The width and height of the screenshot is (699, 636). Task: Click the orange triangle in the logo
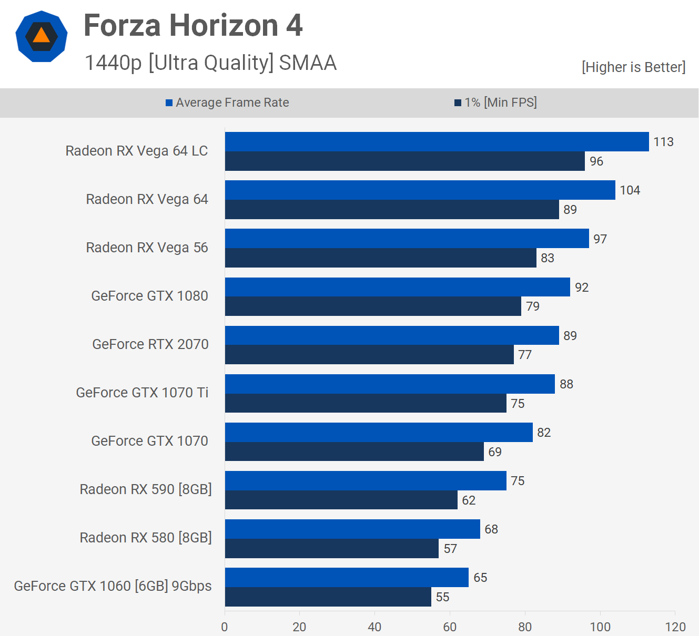pyautogui.click(x=41, y=36)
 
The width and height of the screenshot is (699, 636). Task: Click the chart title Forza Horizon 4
pyautogui.click(x=193, y=25)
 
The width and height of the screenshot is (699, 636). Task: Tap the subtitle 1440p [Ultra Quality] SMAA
pyautogui.click(x=210, y=63)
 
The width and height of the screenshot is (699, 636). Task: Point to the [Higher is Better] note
pyautogui.click(x=633, y=67)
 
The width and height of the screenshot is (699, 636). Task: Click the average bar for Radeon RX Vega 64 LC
pyautogui.click(x=437, y=142)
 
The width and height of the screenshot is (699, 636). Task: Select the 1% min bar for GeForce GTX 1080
pyautogui.click(x=373, y=306)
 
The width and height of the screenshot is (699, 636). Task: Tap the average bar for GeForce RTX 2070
pyautogui.click(x=392, y=335)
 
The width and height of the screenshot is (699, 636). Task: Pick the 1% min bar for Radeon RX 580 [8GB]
pyautogui.click(x=331, y=549)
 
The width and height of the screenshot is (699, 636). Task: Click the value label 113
pyautogui.click(x=663, y=142)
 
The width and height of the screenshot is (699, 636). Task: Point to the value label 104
pyautogui.click(x=630, y=190)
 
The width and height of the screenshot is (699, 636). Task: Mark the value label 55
pyautogui.click(x=442, y=597)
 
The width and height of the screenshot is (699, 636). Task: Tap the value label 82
pyautogui.click(x=544, y=433)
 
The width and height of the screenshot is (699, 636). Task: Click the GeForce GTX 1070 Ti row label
pyautogui.click(x=142, y=393)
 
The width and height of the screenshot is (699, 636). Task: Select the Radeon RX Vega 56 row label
pyautogui.click(x=147, y=248)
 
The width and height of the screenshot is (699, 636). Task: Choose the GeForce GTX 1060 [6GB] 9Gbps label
pyautogui.click(x=113, y=586)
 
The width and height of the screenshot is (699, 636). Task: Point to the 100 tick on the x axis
pyautogui.click(x=600, y=627)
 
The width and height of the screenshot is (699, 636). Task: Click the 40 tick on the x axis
pyautogui.click(x=374, y=627)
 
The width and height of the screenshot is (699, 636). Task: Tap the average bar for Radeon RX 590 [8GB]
pyautogui.click(x=366, y=481)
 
